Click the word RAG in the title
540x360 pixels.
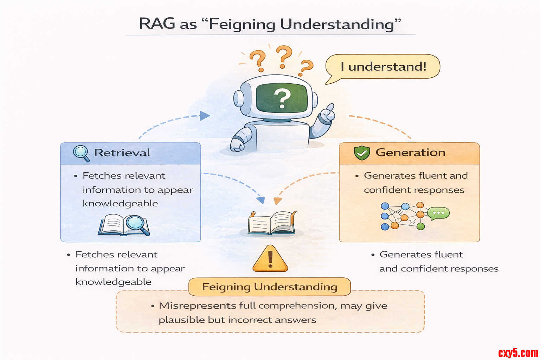tap(157, 24)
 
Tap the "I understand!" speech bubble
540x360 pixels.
tap(383, 66)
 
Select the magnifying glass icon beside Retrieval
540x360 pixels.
tap(81, 153)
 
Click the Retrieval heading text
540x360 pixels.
tap(122, 153)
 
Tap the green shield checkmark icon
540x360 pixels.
tap(362, 153)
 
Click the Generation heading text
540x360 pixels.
tap(410, 153)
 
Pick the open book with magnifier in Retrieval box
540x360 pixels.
tap(124, 225)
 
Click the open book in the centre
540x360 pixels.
tap(271, 223)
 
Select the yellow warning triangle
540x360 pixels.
tap(270, 259)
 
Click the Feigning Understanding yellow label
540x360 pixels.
tap(270, 287)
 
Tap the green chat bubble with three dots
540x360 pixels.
tap(438, 213)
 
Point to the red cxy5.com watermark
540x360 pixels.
tap(518, 353)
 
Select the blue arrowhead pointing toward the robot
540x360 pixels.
tap(204, 116)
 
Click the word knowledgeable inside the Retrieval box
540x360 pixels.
tap(120, 203)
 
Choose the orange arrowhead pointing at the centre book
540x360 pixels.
tap(277, 201)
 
